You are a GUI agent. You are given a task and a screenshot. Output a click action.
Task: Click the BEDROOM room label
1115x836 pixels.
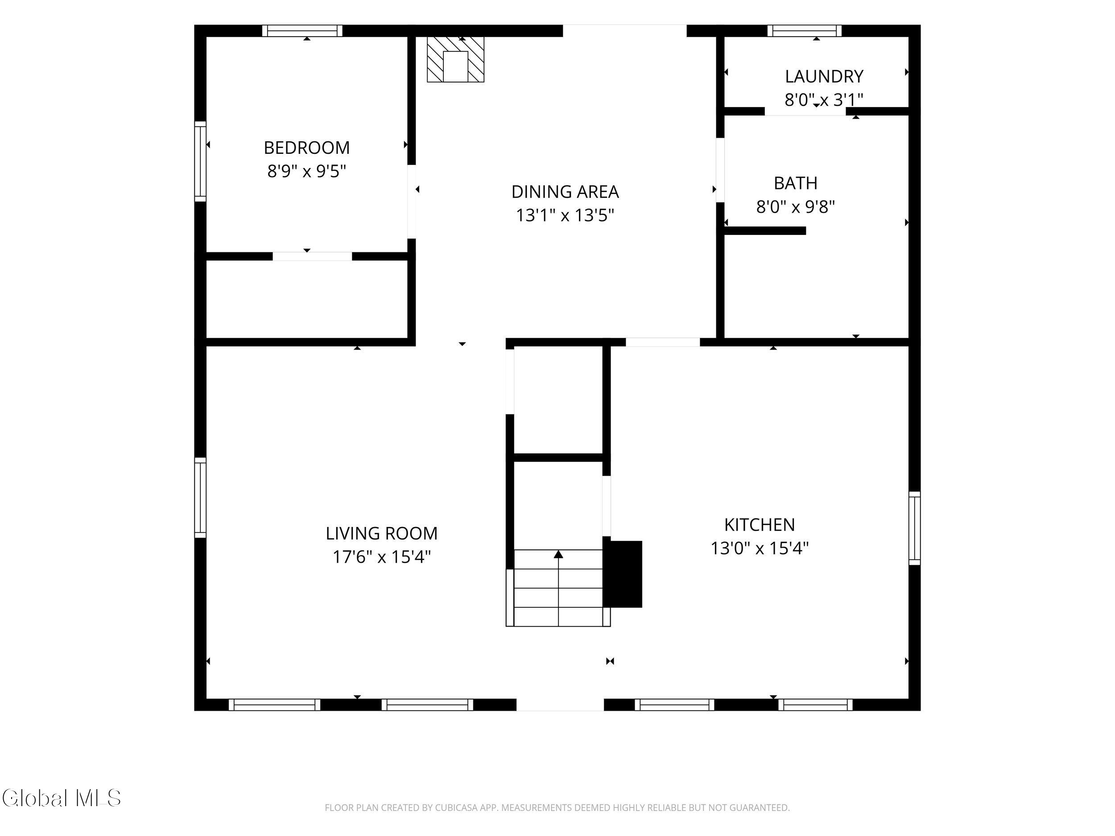point(306,148)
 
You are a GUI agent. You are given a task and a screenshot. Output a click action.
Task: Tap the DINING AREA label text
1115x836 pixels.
point(565,191)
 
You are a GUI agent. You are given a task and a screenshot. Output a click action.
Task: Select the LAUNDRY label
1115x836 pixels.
point(824,76)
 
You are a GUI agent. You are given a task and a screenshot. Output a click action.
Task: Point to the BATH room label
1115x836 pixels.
point(795,183)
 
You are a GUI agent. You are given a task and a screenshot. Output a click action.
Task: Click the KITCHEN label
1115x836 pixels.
point(760,525)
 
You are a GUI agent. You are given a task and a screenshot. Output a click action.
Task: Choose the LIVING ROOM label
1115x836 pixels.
point(382,533)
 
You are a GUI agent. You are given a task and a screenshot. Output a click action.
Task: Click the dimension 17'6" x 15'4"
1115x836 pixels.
point(382,557)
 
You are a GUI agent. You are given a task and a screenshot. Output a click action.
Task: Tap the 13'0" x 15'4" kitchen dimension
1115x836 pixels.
point(760,548)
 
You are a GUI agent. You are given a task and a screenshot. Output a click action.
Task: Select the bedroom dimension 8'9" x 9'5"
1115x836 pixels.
point(306,171)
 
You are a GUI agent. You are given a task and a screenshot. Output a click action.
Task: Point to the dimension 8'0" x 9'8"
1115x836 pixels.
point(795,206)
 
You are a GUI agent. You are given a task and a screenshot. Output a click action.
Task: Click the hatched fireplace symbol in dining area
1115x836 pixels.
point(456,59)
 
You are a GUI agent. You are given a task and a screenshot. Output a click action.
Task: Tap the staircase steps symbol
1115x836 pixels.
point(558,588)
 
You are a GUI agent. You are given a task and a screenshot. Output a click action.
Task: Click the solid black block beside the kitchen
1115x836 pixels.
point(623,574)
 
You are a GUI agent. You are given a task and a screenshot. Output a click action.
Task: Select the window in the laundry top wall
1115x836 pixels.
point(805,31)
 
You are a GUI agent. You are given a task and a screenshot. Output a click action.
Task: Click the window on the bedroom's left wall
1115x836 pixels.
point(200,161)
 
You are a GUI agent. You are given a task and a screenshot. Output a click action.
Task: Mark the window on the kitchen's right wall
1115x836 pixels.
point(914,528)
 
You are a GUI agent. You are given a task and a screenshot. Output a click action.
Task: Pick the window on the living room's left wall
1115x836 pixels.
point(200,498)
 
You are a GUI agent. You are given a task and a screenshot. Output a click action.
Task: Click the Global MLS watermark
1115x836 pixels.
point(62,798)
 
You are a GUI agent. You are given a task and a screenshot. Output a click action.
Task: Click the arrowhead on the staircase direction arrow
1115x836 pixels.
point(558,554)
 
